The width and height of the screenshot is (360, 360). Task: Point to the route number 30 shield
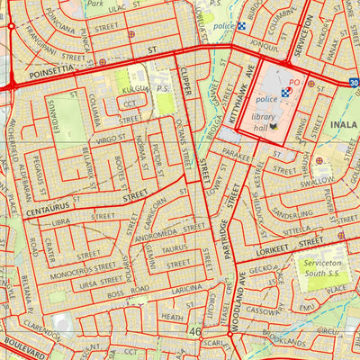point(354,83)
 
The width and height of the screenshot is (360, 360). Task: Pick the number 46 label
point(195,332)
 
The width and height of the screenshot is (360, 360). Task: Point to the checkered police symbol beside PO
point(286,92)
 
